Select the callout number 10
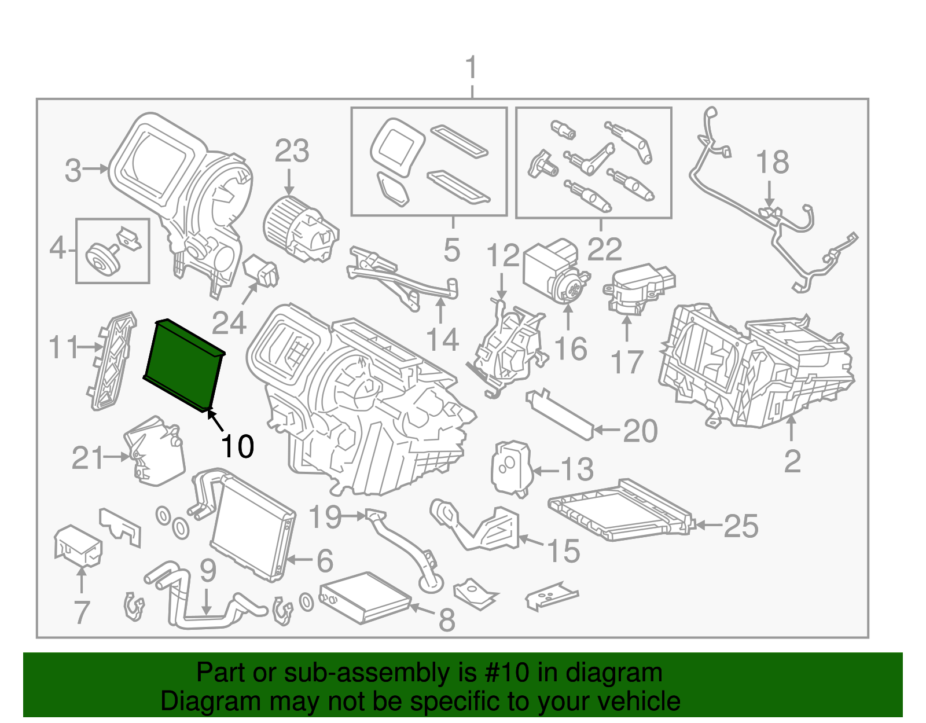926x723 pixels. [237, 446]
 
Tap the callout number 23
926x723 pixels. [292, 152]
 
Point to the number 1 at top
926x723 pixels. [472, 68]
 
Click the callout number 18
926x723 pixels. [772, 163]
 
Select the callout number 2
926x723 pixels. [792, 461]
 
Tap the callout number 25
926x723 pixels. [741, 526]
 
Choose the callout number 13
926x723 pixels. [577, 469]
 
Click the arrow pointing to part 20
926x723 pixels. [606, 430]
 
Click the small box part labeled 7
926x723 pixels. [78, 544]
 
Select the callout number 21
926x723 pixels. [87, 458]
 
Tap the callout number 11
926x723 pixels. [63, 348]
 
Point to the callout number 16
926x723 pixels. [570, 349]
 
